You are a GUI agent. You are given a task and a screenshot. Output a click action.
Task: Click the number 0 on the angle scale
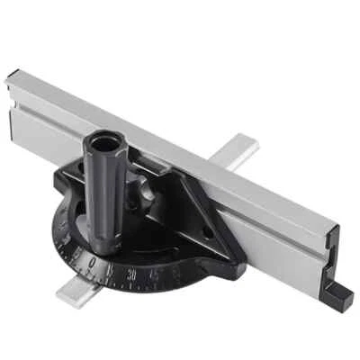point(90,260)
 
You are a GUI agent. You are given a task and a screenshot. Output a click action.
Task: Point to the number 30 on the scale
point(132,274)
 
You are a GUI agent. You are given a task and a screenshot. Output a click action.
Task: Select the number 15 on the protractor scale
point(110,268)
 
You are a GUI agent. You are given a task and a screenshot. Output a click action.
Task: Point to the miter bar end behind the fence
point(238,148)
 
